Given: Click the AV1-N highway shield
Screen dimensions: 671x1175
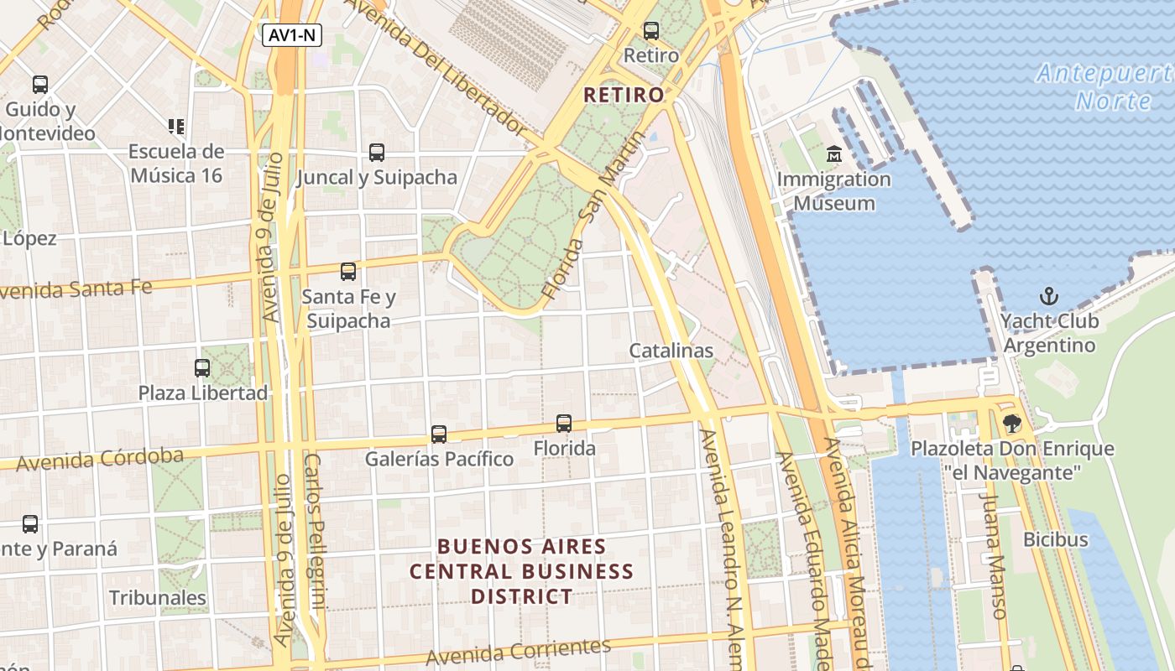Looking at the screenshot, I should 291,35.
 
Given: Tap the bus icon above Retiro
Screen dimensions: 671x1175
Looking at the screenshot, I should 651,31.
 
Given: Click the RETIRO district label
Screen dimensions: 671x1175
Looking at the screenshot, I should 624,95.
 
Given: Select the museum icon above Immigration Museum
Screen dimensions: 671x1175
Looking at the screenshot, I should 834,154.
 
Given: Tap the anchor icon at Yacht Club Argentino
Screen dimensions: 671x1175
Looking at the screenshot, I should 1049,296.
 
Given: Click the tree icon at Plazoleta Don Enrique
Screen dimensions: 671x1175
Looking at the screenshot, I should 1013,424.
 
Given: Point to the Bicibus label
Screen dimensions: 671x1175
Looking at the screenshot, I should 1055,539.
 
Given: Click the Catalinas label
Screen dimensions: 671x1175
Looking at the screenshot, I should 671,351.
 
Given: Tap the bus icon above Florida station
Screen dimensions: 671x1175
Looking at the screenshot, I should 564,424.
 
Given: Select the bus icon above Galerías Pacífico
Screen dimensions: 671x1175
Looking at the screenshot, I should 439,434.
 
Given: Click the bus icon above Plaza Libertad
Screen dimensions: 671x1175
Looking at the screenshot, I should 202,367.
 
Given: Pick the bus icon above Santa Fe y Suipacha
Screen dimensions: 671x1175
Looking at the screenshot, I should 348,272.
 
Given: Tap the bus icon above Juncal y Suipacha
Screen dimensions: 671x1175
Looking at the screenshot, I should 377,153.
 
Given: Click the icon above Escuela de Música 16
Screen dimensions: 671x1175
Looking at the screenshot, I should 176,127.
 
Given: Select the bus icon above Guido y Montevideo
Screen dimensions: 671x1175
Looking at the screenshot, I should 40,85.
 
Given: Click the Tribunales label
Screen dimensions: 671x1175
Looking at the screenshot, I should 158,598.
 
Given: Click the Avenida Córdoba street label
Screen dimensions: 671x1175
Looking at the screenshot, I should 100,459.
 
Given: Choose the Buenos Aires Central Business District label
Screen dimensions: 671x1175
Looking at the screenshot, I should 521,571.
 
